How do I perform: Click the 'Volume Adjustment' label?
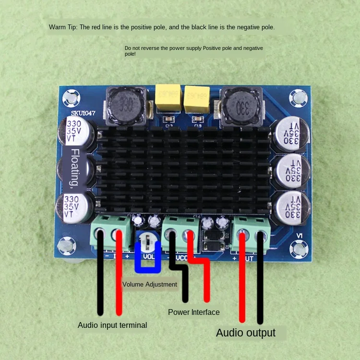tap(150, 284)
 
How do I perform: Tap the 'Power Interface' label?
tap(193, 312)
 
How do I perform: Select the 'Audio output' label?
tap(245, 333)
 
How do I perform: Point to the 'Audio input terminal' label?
tap(112, 325)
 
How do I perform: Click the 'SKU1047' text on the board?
tap(84, 113)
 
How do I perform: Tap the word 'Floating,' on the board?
tap(75, 168)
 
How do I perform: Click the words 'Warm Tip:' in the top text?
tap(63, 27)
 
